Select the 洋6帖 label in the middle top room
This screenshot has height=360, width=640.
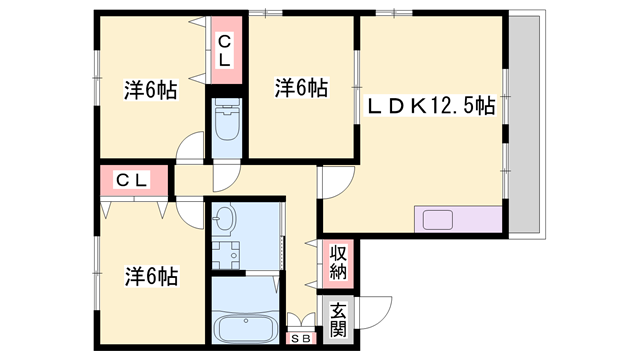point(301,88)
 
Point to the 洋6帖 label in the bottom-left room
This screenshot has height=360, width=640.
point(151,275)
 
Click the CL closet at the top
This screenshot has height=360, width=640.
point(225,50)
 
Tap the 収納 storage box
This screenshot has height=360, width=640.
point(337,261)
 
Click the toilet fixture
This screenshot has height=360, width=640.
point(226,124)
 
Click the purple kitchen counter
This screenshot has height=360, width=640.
point(457,219)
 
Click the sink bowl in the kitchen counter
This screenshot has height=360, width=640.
point(437,219)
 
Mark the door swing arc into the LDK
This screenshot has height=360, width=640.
point(334,182)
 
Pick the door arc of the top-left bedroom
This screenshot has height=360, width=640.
point(188,150)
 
